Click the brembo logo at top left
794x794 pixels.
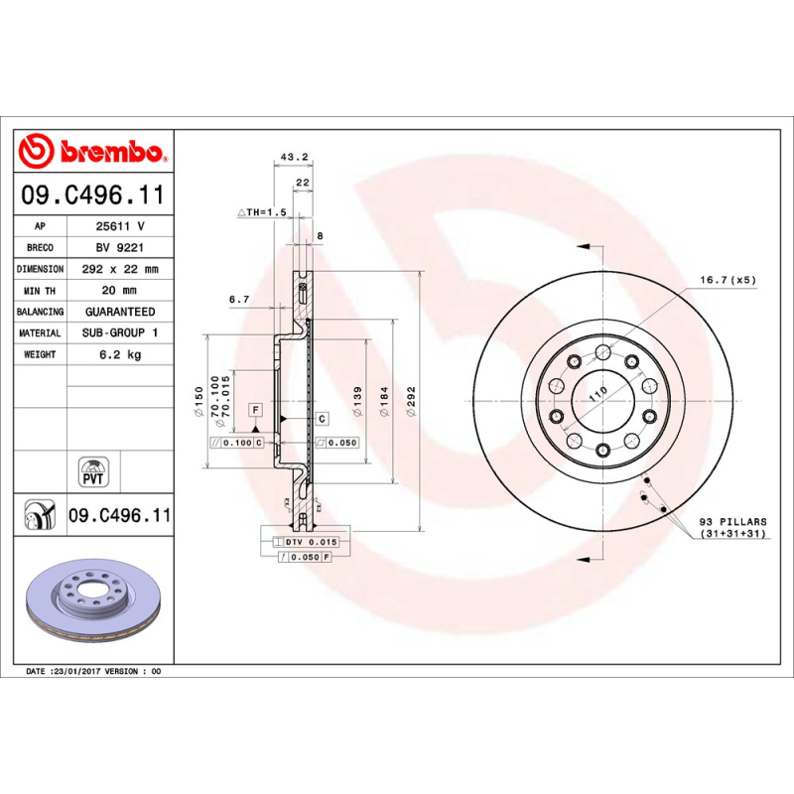pos(91,152)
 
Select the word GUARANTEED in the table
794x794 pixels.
pos(119,312)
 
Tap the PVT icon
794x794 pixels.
pos(91,471)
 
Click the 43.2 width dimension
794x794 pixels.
pos(295,157)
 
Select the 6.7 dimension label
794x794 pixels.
pos(238,299)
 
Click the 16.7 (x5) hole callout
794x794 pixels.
pos(728,280)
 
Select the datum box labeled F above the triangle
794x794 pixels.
pos(255,409)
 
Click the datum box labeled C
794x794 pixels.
pos(323,420)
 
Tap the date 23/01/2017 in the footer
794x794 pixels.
pos(75,672)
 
